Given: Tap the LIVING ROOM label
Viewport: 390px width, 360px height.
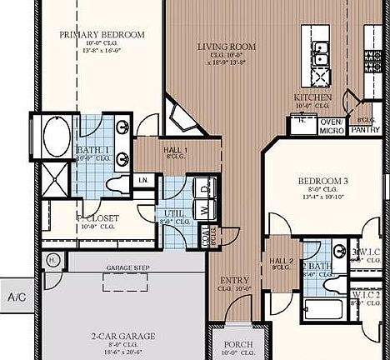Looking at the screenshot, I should (226, 47).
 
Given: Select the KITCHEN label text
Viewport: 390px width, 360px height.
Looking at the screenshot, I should (312, 98).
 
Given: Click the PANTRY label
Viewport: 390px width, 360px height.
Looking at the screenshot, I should (366, 130).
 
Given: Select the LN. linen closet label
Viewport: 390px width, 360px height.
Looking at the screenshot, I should (143, 179).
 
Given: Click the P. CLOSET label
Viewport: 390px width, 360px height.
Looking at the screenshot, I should (99, 217).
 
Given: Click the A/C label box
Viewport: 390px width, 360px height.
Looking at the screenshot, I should (17, 296).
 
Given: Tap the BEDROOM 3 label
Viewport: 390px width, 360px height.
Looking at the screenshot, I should (322, 180).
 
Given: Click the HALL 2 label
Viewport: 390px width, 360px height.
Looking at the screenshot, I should (280, 261).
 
